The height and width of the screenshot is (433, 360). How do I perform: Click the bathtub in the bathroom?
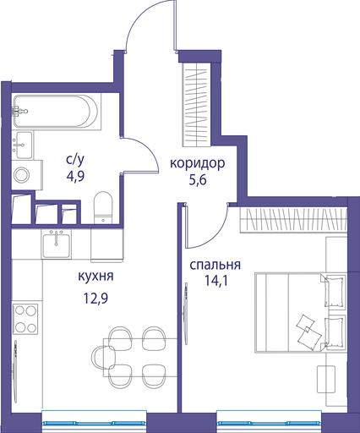coord(57,112)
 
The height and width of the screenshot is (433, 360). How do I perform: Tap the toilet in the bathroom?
coord(103,207)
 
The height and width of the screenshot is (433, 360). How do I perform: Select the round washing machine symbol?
coord(22,175)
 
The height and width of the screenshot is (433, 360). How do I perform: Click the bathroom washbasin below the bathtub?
coord(24,145)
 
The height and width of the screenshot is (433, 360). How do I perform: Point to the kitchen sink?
coord(56,244)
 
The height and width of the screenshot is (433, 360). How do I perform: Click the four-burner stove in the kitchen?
coord(25,319)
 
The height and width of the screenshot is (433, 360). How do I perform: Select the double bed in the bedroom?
coord(301,312)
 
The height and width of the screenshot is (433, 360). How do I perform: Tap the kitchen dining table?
coord(140,358)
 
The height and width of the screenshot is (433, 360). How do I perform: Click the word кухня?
coord(95,277)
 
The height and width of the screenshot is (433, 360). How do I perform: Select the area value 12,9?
coord(95,298)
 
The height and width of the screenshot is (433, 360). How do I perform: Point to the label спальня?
coord(215,266)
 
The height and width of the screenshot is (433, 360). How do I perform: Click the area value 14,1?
coord(215,281)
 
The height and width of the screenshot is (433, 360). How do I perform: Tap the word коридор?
coord(197,163)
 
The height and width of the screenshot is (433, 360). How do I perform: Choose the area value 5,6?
coord(198,179)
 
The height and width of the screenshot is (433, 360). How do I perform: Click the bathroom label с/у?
coord(75,161)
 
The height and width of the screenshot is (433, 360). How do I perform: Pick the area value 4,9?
coord(75,177)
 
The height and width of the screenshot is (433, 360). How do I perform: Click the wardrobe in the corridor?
coord(197,104)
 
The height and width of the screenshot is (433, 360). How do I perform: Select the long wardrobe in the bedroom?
coord(293,220)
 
